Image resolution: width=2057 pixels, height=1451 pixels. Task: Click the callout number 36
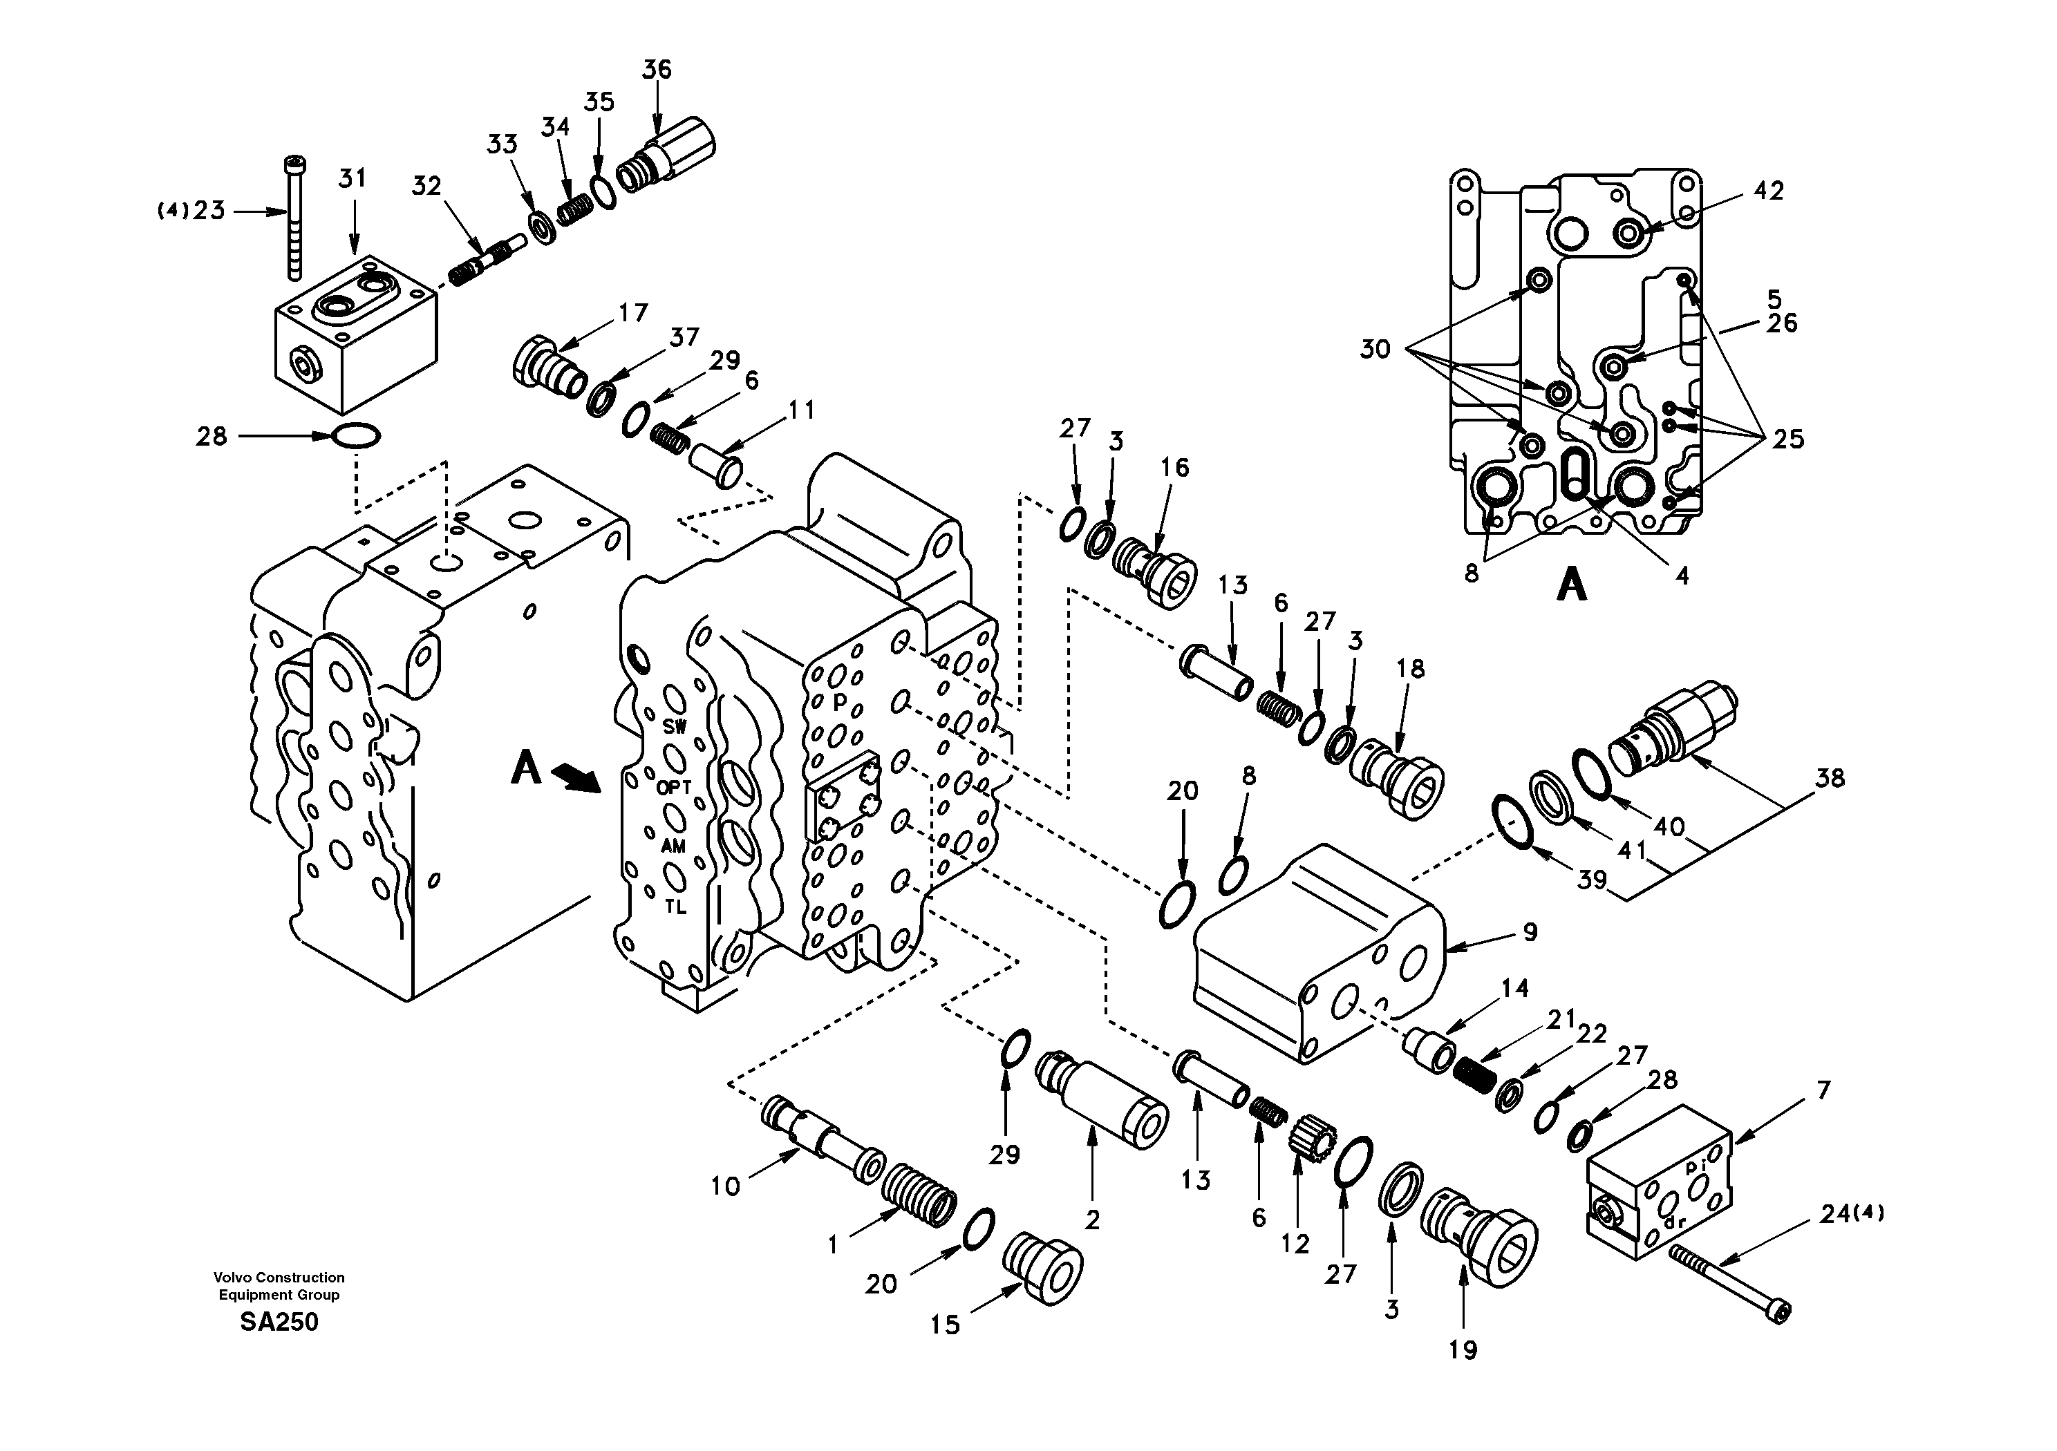(x=657, y=70)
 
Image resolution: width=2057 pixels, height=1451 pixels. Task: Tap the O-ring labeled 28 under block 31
(x=356, y=436)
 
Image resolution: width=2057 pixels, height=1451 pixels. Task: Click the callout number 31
(x=352, y=178)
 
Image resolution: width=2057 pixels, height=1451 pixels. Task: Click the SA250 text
(x=279, y=1322)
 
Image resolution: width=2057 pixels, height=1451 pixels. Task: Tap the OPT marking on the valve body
(x=674, y=787)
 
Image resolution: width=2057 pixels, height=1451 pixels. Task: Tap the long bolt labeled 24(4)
(x=1725, y=1282)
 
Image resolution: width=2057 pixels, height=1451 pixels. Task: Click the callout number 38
(x=1830, y=777)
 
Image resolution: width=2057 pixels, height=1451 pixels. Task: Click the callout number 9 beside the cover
(x=1530, y=931)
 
